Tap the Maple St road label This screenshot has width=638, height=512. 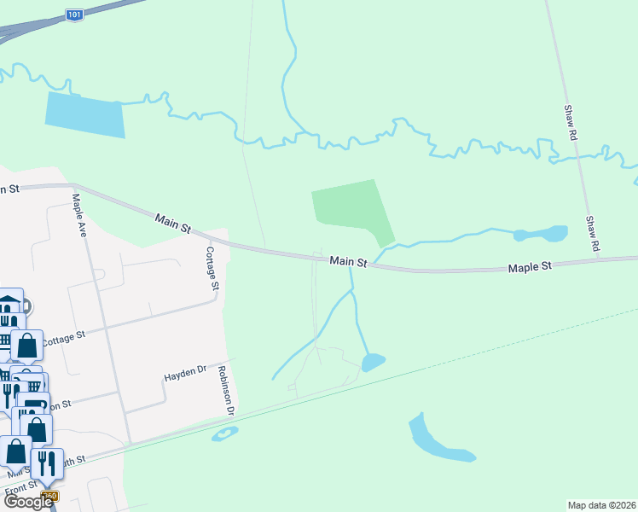[530, 267]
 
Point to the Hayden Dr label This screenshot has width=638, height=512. [185, 373]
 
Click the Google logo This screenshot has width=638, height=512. [27, 502]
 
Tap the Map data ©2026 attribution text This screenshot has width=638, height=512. [601, 504]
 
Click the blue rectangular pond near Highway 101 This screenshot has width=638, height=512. [84, 115]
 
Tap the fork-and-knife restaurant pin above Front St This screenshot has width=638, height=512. [47, 463]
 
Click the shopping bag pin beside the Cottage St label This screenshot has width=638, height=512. [26, 346]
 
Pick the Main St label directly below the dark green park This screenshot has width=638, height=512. [348, 261]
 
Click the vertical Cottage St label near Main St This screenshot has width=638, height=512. [212, 267]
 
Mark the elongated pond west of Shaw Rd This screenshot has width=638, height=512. [541, 234]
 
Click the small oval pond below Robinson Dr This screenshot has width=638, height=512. [224, 434]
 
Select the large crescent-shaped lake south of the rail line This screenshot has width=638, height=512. [435, 439]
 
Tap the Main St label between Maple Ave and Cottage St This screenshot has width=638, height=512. [173, 224]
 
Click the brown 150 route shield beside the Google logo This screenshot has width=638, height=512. [49, 496]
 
